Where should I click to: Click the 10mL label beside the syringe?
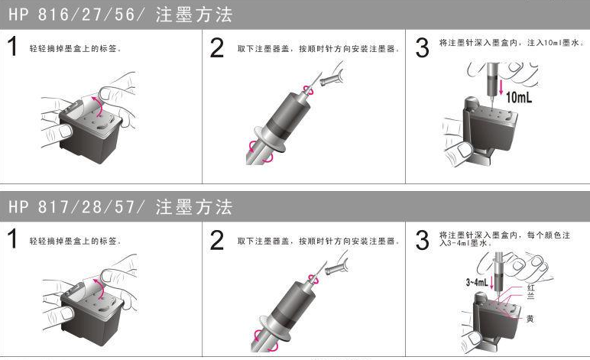click(x=519, y=97)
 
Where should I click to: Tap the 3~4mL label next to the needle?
click(x=477, y=282)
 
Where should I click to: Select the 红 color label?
click(x=530, y=288)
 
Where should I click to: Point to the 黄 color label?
click(x=530, y=319)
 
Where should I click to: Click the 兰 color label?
click(x=530, y=296)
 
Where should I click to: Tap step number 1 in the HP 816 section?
click(x=12, y=47)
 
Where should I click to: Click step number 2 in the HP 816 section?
click(x=217, y=48)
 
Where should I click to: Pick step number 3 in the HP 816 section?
click(x=422, y=48)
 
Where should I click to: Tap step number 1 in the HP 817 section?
click(x=12, y=239)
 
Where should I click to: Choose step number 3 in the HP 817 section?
click(x=422, y=240)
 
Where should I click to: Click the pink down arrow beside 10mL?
click(x=501, y=87)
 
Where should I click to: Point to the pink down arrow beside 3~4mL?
click(x=491, y=283)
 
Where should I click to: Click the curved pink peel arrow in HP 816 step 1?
click(x=99, y=106)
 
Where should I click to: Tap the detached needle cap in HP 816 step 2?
click(x=331, y=77)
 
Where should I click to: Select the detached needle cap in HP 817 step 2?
click(x=336, y=267)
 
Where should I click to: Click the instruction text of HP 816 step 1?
click(x=75, y=48)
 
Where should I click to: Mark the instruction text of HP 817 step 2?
click(x=319, y=241)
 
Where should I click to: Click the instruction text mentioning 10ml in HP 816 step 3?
click(x=511, y=43)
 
